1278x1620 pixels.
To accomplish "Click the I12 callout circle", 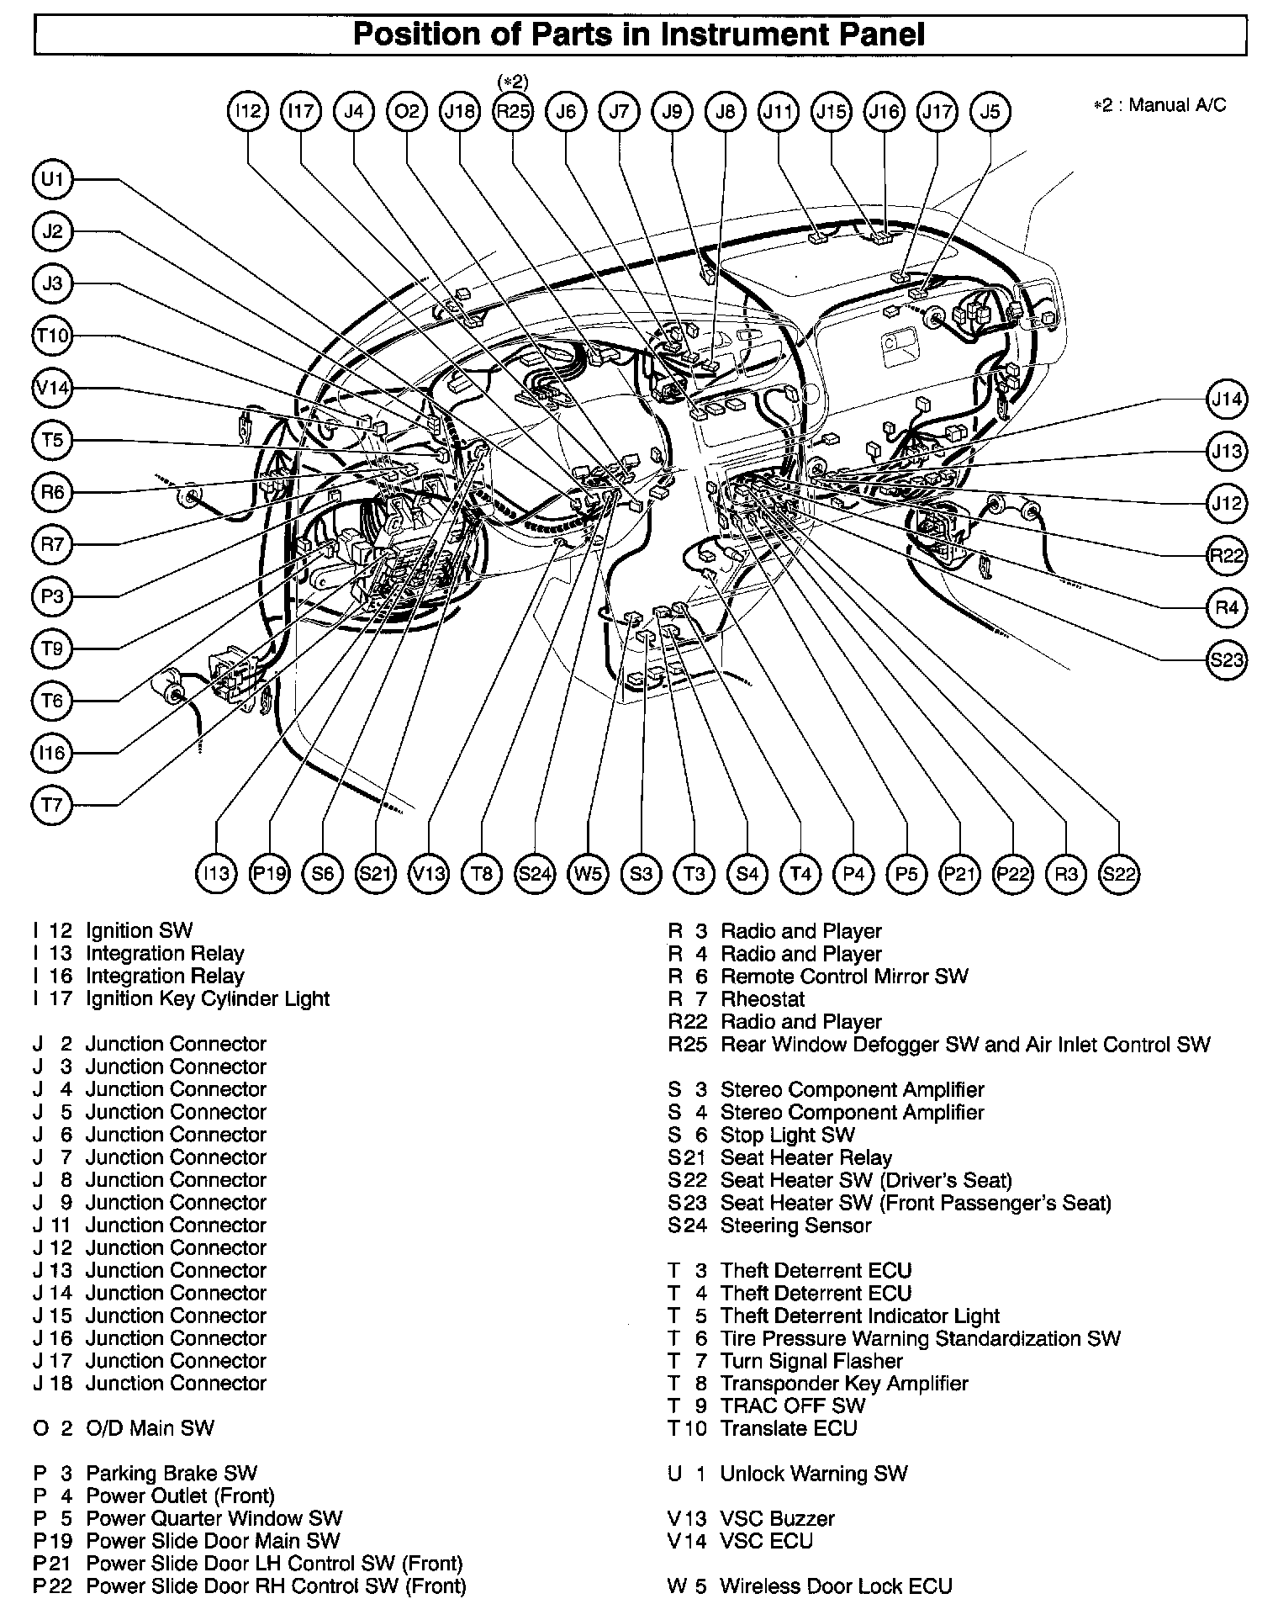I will tap(248, 112).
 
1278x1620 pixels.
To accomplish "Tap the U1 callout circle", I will tap(53, 179).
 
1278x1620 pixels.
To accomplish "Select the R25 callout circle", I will tap(513, 112).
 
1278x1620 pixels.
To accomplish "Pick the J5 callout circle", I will tap(990, 112).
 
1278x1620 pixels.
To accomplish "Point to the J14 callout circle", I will tap(1227, 399).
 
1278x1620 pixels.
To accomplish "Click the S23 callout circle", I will tap(1227, 659).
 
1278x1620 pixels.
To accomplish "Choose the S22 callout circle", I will tap(1119, 874).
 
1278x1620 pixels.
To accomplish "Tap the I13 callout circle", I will tap(216, 874).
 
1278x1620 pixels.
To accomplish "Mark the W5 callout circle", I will tap(588, 874).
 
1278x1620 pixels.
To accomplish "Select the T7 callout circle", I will tap(53, 806).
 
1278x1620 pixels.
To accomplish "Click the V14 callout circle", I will tap(53, 389).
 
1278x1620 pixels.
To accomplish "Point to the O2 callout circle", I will tap(407, 112).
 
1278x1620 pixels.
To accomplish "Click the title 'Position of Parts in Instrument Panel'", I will tap(639, 34).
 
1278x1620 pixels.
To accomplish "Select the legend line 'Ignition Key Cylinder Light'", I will tap(207, 999).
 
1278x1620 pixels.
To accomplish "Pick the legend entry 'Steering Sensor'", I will tap(795, 1226).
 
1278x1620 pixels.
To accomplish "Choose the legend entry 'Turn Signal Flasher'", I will tap(811, 1361).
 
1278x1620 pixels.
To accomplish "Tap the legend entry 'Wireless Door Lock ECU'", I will tap(836, 1586).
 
